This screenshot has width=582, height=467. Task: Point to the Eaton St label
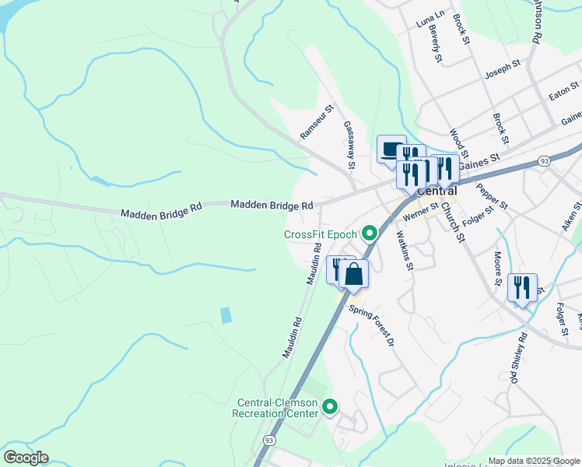(x=564, y=92)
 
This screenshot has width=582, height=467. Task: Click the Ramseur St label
(x=317, y=123)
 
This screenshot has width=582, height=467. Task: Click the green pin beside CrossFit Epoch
(x=370, y=233)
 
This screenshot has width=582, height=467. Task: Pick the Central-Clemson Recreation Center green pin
(x=330, y=406)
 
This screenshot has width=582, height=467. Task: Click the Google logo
(x=26, y=458)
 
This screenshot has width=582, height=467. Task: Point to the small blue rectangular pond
(x=226, y=315)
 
